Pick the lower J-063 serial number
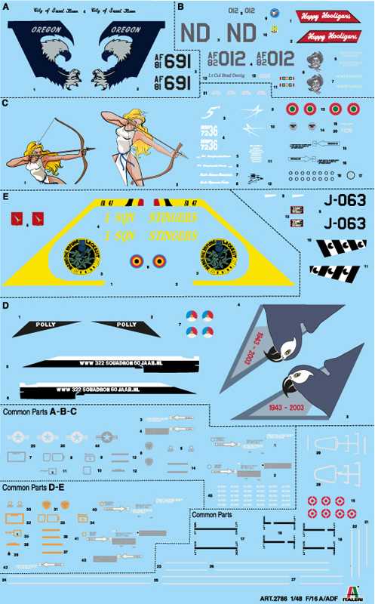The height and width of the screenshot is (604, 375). point(345,223)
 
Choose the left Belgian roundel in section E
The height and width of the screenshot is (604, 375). point(136,261)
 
